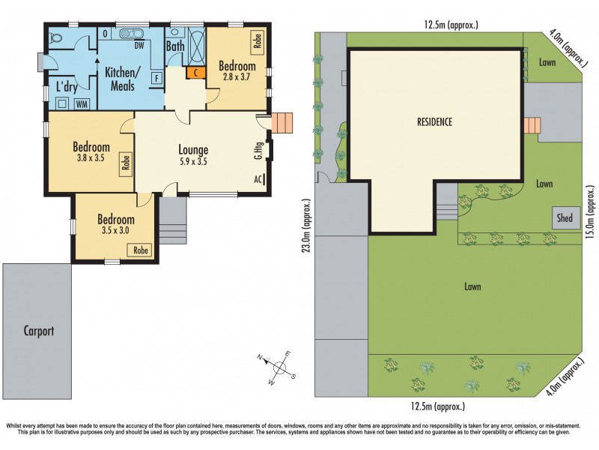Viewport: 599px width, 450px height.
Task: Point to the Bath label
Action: click(175, 46)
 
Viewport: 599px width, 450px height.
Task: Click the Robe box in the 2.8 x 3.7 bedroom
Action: click(258, 40)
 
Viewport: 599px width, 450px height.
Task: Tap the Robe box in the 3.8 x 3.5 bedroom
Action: click(127, 164)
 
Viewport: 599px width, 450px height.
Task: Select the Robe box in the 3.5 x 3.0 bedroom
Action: click(140, 250)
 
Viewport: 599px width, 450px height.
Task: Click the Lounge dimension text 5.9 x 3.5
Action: click(193, 161)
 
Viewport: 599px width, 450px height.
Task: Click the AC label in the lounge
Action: click(258, 179)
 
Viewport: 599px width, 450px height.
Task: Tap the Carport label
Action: click(38, 330)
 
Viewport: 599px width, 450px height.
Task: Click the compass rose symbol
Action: click(281, 367)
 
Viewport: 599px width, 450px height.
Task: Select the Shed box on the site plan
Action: click(565, 218)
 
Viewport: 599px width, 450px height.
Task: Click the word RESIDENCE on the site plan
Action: click(434, 121)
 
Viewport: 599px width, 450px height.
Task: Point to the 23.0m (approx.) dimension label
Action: click(306, 226)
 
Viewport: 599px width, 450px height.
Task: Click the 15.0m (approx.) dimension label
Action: click(590, 212)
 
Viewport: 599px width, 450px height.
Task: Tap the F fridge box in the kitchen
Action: click(156, 77)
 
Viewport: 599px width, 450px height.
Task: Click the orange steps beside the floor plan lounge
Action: click(282, 122)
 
